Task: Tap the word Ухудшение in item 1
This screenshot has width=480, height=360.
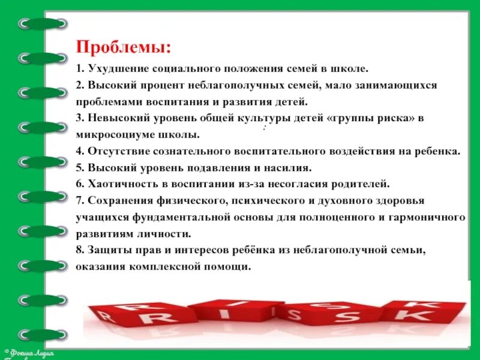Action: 113,69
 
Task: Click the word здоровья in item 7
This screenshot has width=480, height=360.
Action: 395,200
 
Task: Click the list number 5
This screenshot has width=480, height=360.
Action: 79,167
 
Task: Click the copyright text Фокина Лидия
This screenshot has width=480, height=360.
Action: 30,352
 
